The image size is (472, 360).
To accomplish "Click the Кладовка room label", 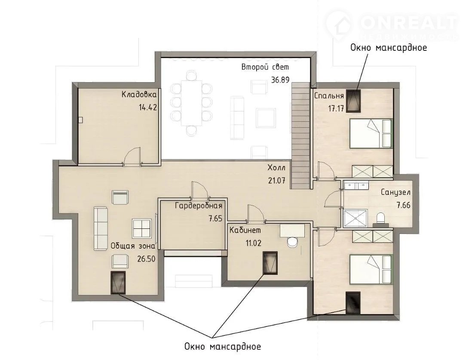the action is (x=139, y=95).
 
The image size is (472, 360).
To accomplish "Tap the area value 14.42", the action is (x=148, y=107).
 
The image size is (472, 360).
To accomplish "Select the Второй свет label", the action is (x=265, y=67).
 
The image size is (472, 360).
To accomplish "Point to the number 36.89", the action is (x=280, y=80).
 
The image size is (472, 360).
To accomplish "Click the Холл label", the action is (x=276, y=168).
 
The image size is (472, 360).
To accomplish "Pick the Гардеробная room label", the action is (x=199, y=206).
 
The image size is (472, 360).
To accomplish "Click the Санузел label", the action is (x=395, y=192).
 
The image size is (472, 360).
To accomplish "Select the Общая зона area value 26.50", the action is (x=146, y=259).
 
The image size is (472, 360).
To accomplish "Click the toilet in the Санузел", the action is (x=381, y=219).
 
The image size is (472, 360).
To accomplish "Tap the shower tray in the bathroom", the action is (x=356, y=218).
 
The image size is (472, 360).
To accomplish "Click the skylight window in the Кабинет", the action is (x=270, y=263).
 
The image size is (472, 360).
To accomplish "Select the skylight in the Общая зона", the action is (x=118, y=283).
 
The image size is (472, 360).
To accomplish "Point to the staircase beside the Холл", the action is (x=300, y=136).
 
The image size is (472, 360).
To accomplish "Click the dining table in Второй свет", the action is (x=191, y=103).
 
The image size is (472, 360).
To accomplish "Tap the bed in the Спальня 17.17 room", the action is (x=371, y=133).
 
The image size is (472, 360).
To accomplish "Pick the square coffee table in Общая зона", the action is (x=142, y=228).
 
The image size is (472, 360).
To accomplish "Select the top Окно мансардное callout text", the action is (x=389, y=48).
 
